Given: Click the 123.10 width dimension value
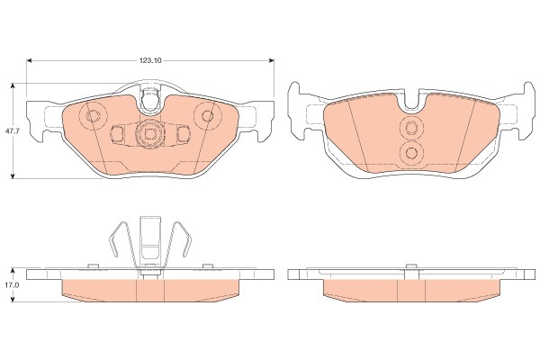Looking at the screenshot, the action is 150,60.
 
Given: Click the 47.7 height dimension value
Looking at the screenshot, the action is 12,131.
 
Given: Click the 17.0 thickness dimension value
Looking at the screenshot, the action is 12,285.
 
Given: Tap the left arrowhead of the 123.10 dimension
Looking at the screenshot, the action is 30,60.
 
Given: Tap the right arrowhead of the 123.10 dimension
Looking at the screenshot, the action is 272,60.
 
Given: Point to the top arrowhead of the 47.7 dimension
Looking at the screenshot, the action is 13,85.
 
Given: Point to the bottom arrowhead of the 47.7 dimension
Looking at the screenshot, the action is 13,175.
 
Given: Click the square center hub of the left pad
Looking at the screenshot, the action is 149,134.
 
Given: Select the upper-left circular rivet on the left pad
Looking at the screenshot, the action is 93,116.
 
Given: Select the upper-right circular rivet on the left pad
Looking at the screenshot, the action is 208,115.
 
